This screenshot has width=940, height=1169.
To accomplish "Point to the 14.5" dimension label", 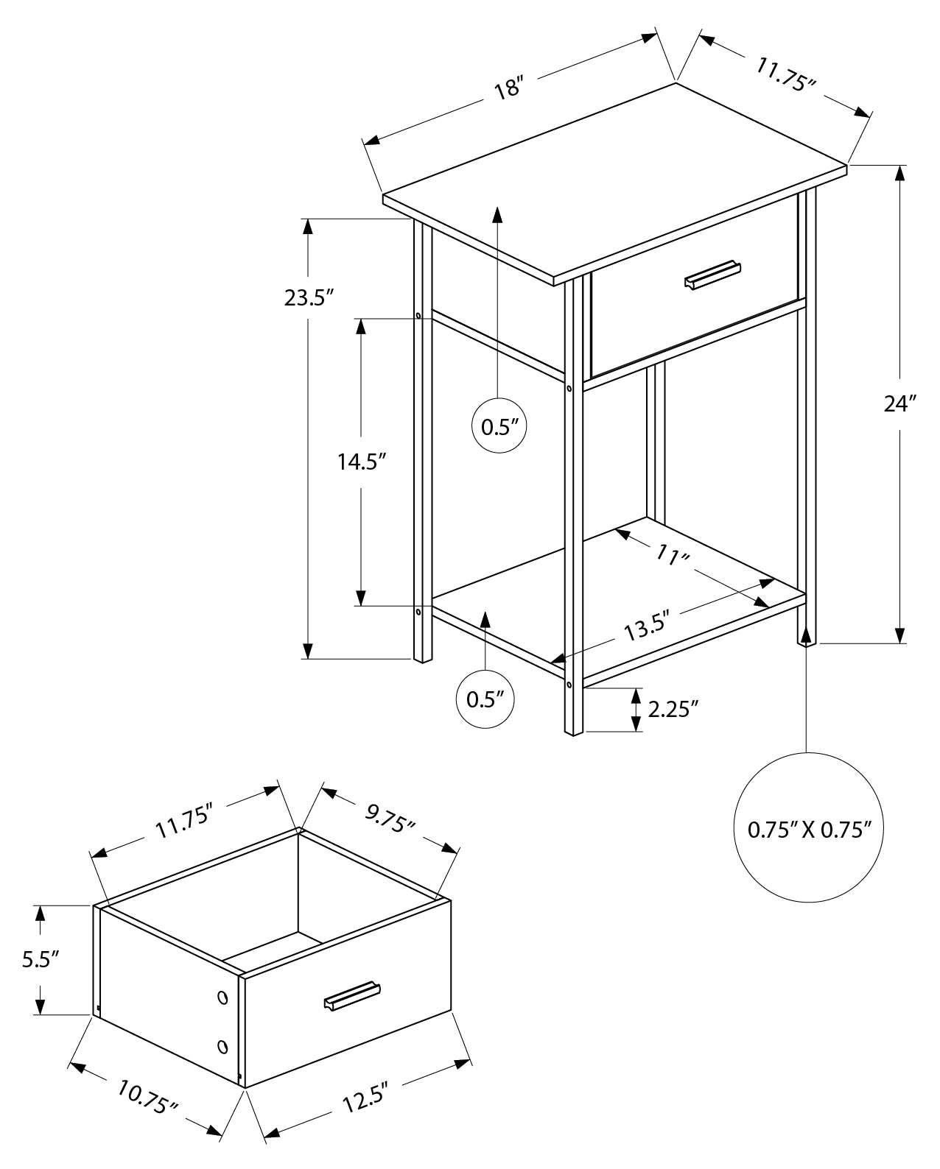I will [362, 462].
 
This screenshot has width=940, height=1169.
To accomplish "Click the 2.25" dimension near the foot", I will [673, 709].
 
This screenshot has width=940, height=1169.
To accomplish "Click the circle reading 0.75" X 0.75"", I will [810, 829].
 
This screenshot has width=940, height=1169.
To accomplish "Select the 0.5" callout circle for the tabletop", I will [499, 426].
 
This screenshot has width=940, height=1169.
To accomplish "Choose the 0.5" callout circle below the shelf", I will [485, 699].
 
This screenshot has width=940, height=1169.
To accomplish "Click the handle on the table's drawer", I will [712, 274].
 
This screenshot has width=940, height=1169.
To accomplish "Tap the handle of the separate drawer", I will [352, 995].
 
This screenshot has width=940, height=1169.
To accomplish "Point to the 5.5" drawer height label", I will [41, 959].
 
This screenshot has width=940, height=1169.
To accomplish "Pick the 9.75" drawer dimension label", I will [390, 818].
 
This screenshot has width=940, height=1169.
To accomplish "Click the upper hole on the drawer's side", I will [222, 997].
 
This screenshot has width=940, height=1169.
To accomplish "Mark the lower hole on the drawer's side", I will [222, 1045].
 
